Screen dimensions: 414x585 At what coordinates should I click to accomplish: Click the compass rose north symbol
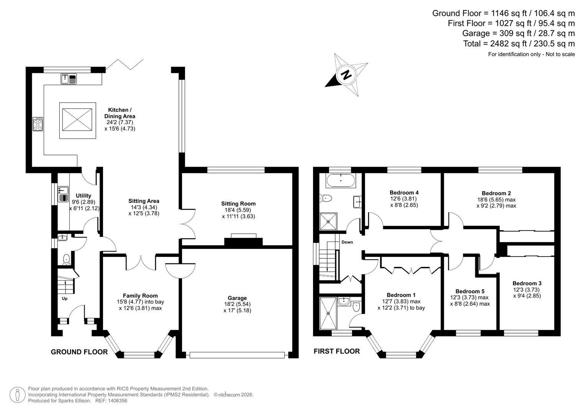click(x=346, y=75)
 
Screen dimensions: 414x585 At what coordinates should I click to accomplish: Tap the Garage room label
click(x=237, y=298)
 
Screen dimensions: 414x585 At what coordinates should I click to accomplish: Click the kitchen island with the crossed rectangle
click(x=77, y=120)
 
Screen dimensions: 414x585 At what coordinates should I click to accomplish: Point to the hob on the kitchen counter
click(x=38, y=124)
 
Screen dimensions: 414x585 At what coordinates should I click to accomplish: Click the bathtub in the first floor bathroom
click(x=341, y=181)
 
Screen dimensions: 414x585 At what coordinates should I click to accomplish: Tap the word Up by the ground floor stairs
click(x=65, y=298)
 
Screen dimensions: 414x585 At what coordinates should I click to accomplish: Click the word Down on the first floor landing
click(x=347, y=242)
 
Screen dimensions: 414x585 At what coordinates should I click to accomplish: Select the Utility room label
click(x=84, y=195)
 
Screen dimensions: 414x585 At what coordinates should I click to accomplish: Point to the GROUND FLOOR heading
click(x=79, y=352)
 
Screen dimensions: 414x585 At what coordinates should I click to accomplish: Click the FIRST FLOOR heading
click(x=336, y=351)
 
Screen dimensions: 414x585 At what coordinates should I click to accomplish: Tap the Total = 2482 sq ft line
click(x=519, y=44)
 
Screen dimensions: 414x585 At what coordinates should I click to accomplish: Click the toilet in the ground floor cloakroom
click(x=66, y=259)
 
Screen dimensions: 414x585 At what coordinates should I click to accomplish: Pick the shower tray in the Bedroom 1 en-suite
click(x=328, y=313)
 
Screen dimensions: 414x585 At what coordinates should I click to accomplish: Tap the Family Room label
click(x=140, y=296)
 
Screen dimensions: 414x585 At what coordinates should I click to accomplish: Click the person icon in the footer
click(x=17, y=395)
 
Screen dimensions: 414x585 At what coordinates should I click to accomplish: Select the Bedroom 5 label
click(x=470, y=291)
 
